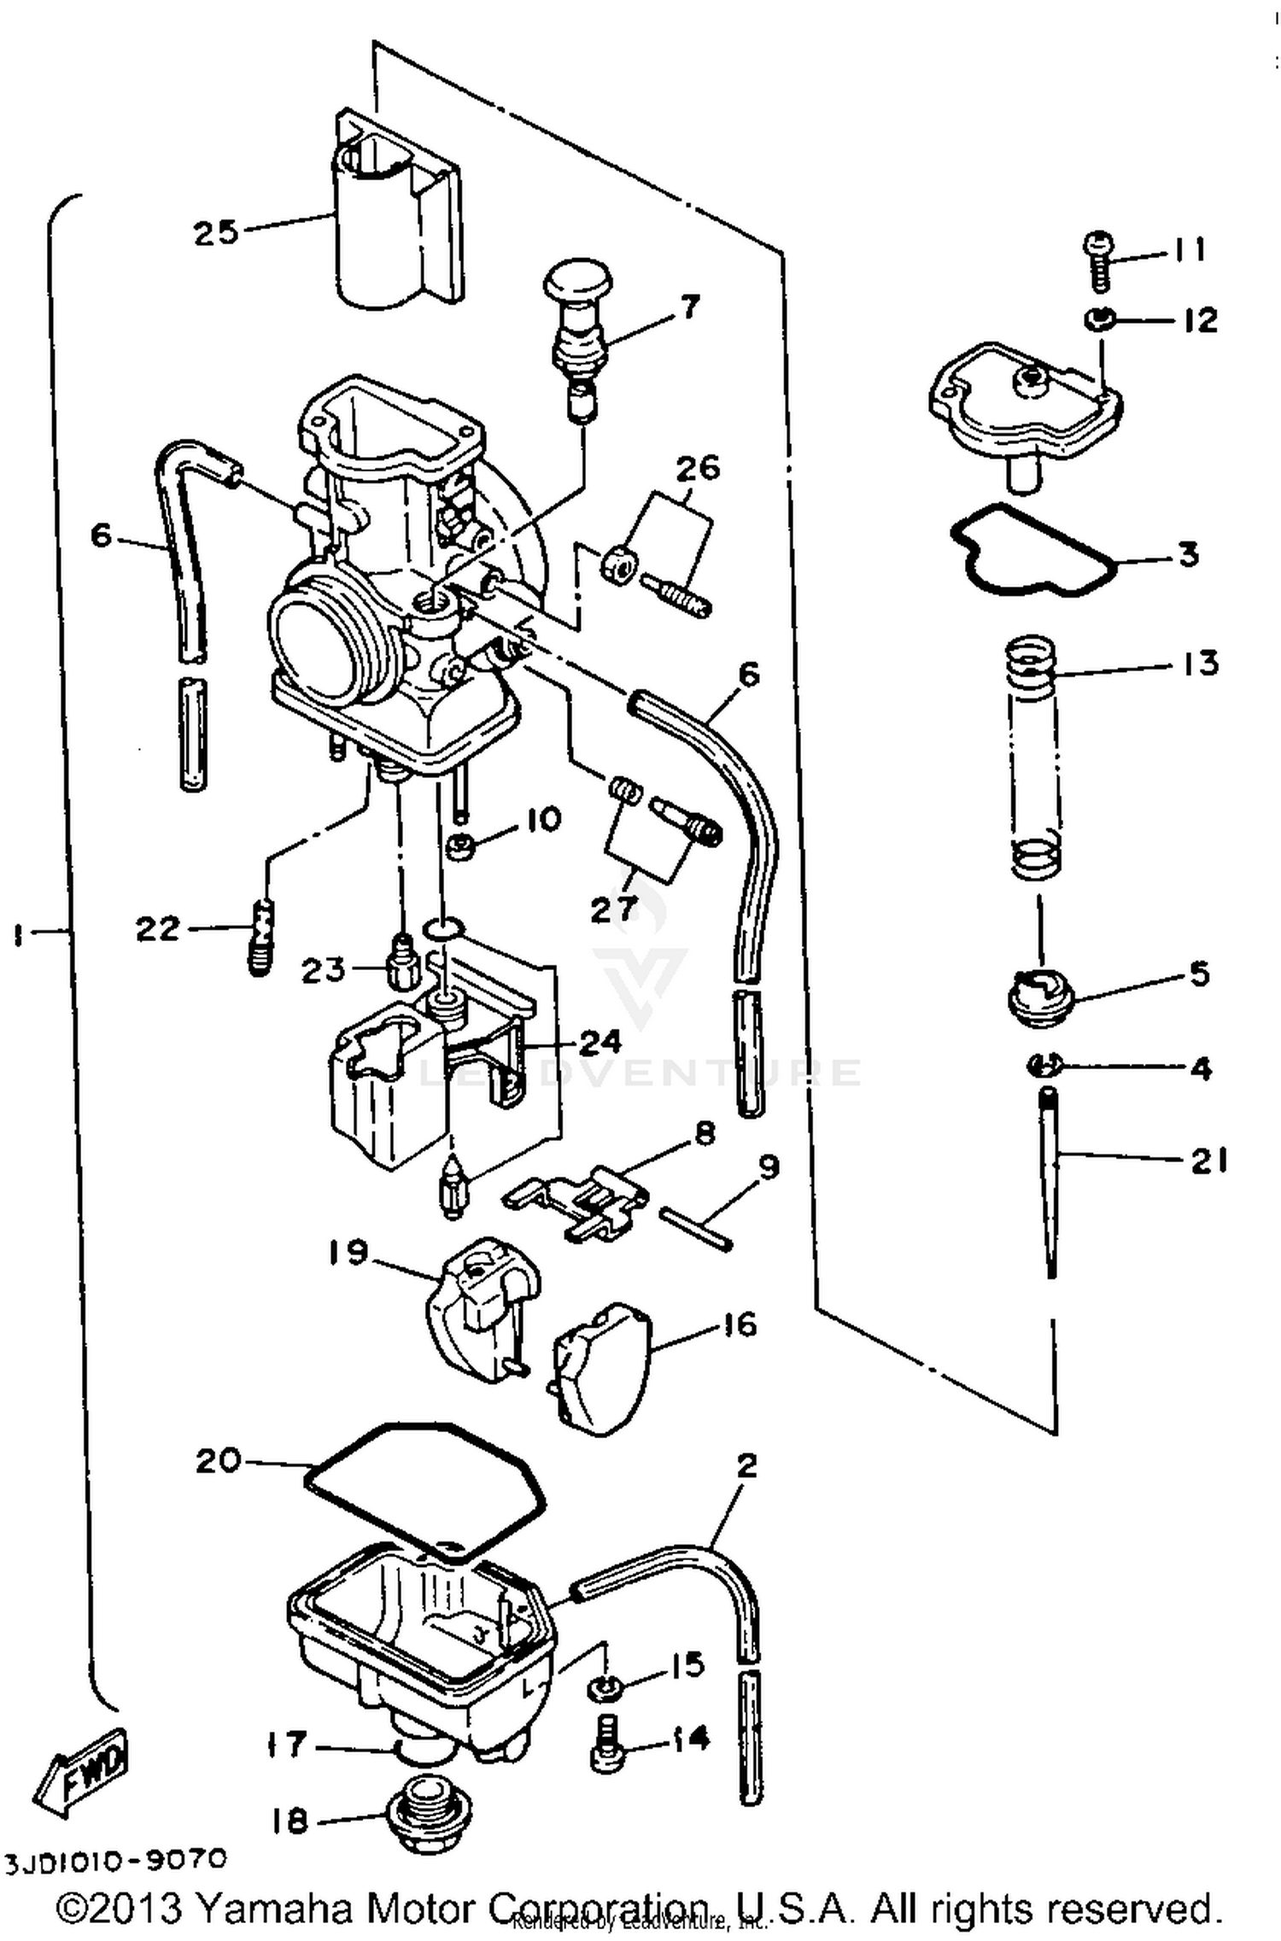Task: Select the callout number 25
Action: click(214, 231)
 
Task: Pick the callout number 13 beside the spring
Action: click(1200, 664)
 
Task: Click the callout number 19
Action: click(348, 1253)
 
